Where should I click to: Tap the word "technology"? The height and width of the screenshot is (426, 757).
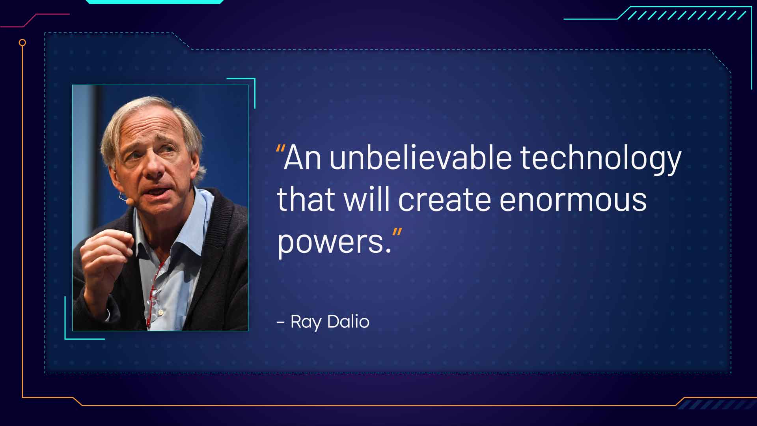click(x=600, y=159)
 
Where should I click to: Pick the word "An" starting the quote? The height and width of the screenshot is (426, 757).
click(x=302, y=157)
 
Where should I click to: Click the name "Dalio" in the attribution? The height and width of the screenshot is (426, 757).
click(x=349, y=321)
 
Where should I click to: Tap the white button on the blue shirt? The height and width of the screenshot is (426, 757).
click(x=160, y=313)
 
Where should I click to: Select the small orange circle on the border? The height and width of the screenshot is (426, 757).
click(x=22, y=43)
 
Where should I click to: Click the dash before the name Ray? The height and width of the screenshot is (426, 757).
click(x=281, y=322)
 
